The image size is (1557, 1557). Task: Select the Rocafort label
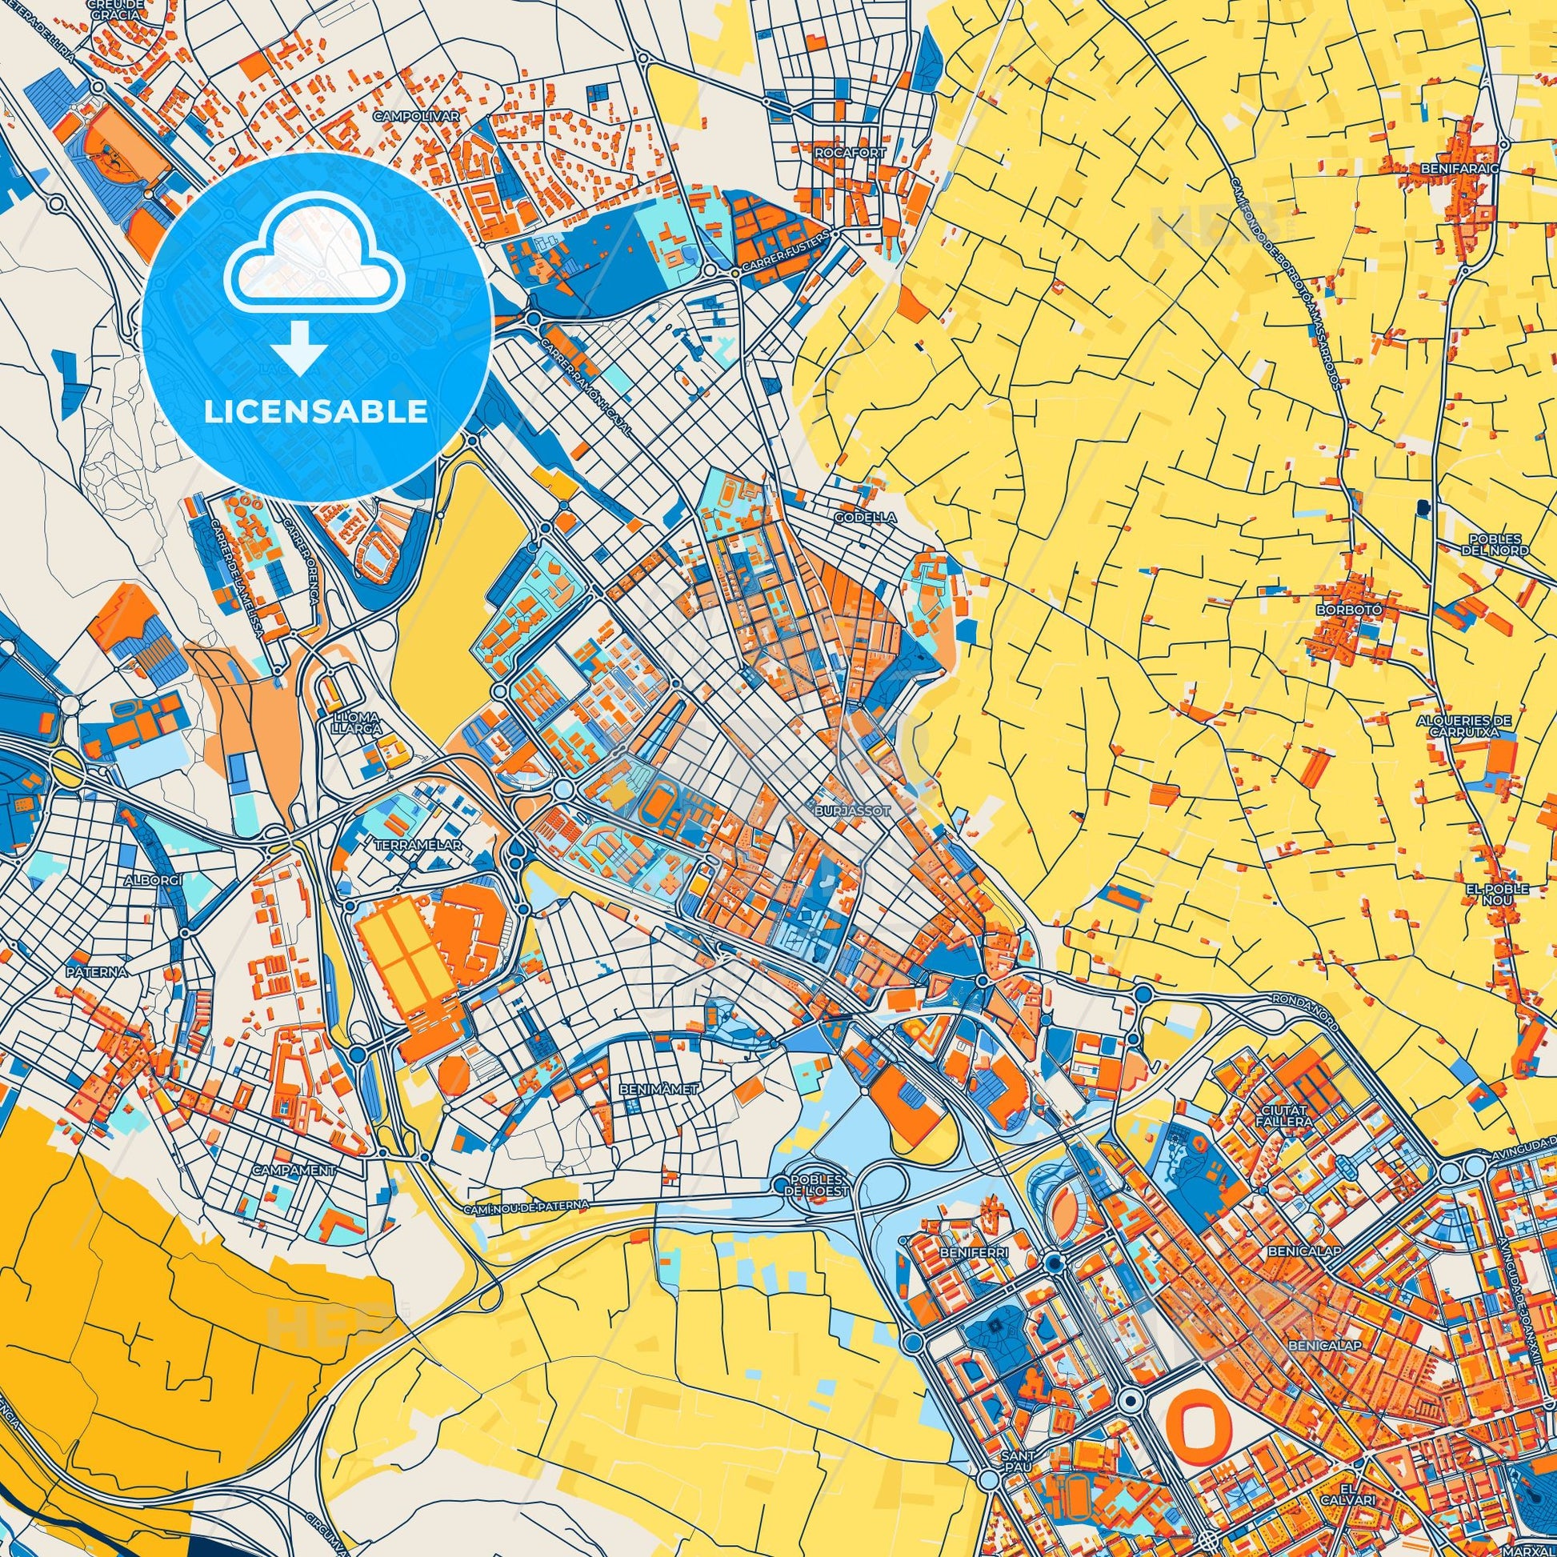tap(839, 152)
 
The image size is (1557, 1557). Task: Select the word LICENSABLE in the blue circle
tap(316, 412)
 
